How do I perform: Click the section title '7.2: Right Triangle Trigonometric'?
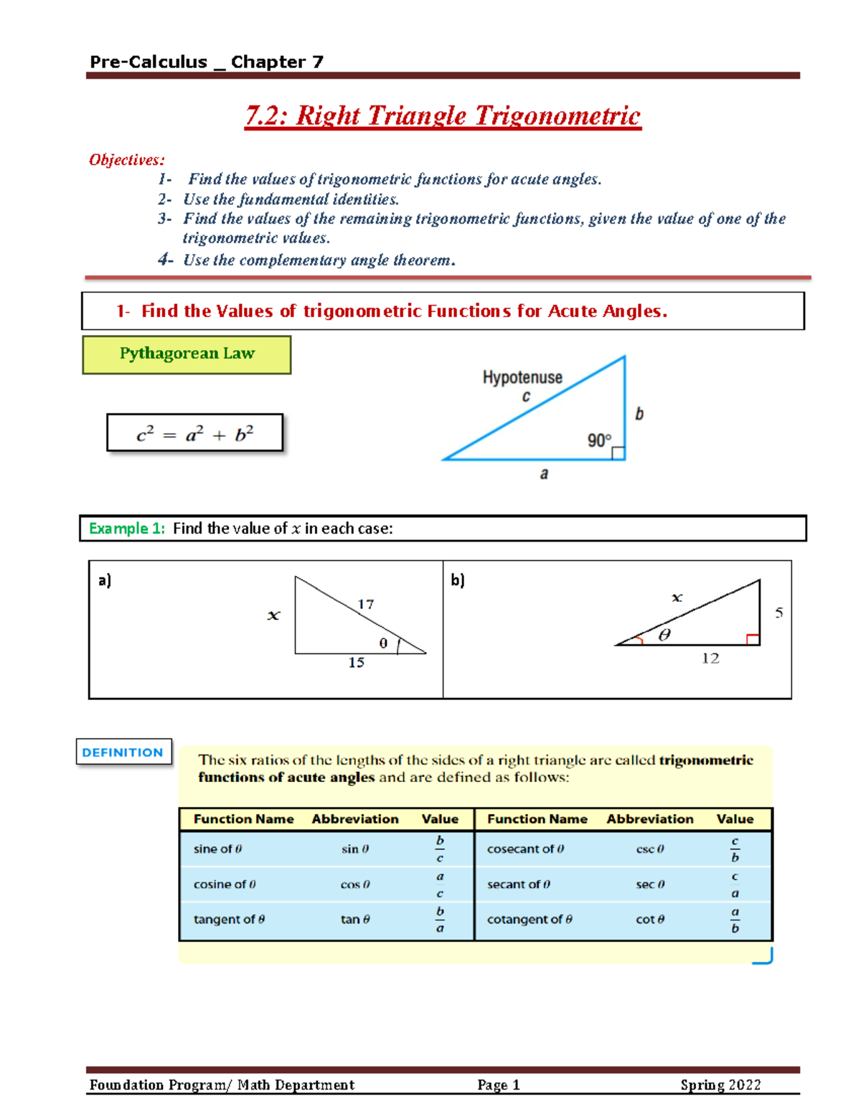point(443,116)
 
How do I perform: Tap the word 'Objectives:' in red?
point(126,160)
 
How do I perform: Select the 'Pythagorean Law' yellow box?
point(187,354)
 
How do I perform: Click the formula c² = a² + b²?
point(194,433)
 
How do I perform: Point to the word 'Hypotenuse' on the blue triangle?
point(522,377)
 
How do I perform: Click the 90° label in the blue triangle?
point(599,440)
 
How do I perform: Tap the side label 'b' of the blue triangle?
point(639,414)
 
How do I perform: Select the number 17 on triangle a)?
point(365,605)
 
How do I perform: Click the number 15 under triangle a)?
point(356,663)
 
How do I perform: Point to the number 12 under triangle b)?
point(710,659)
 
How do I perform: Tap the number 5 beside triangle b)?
point(778,613)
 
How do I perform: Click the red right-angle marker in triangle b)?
point(753,639)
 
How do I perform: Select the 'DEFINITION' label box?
point(123,752)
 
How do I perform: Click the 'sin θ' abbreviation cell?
point(354,849)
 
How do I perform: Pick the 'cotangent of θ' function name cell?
point(530,920)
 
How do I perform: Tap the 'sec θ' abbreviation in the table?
point(650,884)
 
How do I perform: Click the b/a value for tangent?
point(440,920)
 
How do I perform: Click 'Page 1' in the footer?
point(498,1085)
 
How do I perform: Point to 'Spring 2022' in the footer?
point(720,1085)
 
